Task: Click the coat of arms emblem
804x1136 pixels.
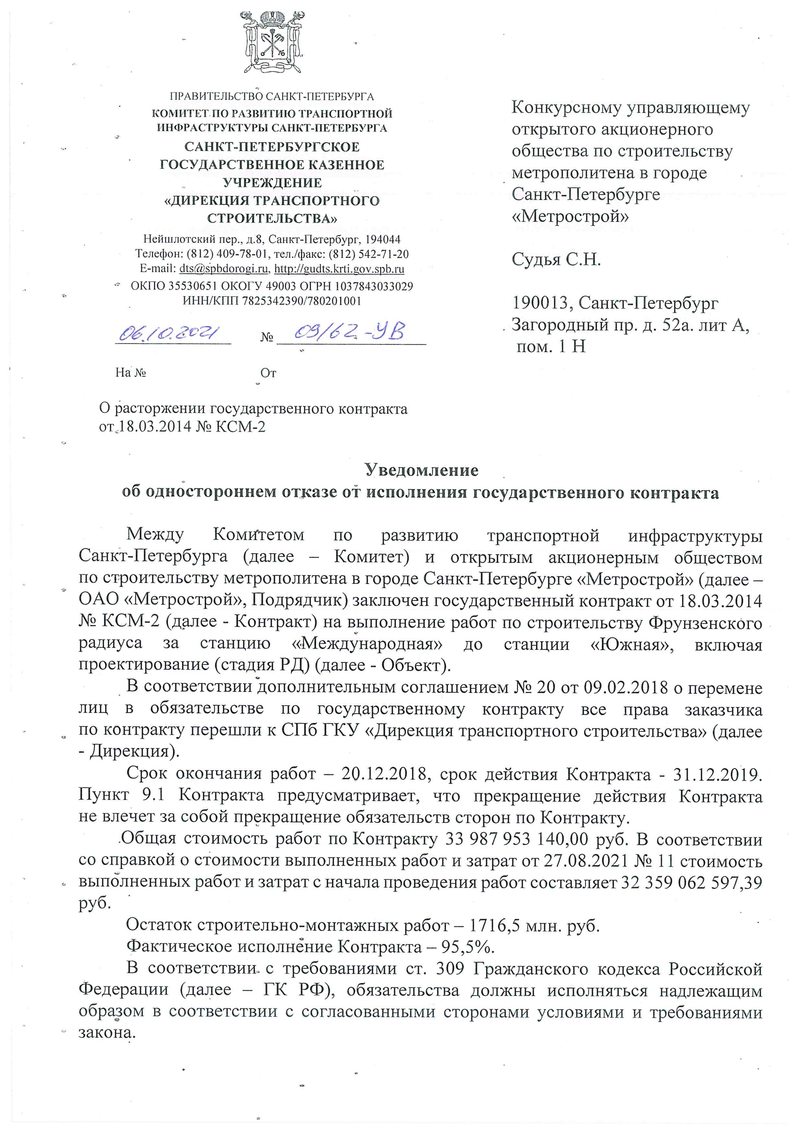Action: tap(272, 43)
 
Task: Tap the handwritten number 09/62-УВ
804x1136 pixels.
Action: tap(349, 331)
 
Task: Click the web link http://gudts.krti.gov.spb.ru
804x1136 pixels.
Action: tap(339, 269)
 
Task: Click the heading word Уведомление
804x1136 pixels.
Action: tap(421, 470)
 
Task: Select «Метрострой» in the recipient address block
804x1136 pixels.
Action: tap(570, 216)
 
